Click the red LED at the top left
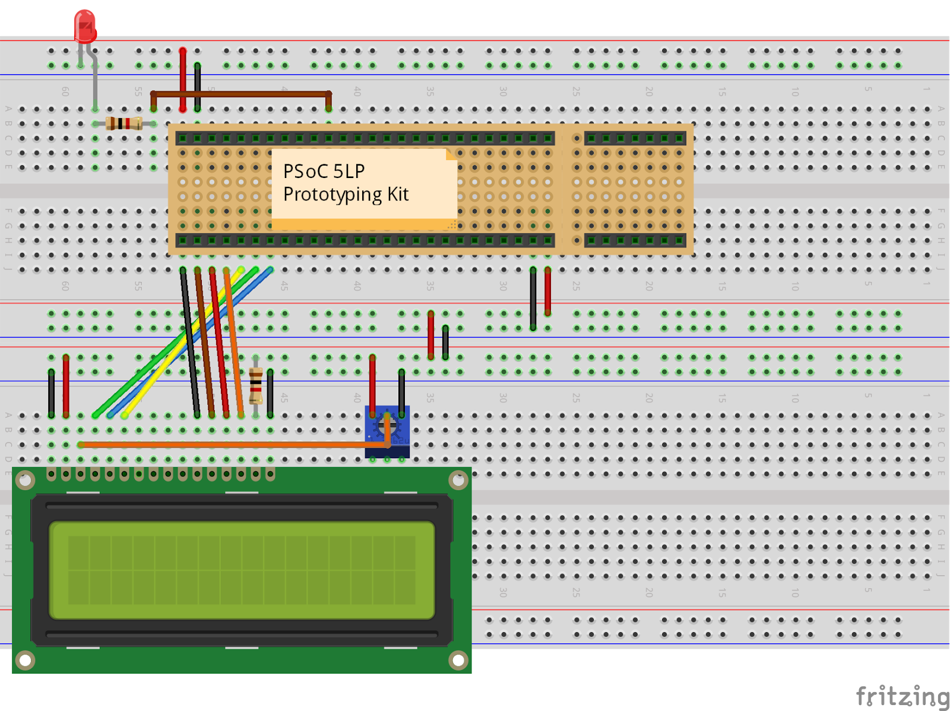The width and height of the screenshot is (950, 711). point(85,27)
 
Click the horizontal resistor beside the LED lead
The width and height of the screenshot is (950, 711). point(123,123)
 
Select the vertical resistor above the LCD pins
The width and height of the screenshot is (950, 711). point(256,386)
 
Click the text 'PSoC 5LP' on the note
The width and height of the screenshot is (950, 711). point(324,171)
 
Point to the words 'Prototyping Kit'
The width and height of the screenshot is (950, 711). point(346,194)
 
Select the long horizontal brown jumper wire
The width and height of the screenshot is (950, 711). point(240,94)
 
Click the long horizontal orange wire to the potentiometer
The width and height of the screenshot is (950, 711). point(226,444)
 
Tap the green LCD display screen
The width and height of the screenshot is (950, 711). point(242,570)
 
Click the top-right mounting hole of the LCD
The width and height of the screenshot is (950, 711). point(458,480)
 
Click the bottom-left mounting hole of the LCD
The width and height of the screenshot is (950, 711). point(25,659)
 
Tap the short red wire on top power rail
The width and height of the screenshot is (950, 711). point(183,80)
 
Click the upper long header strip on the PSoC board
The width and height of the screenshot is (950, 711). point(365,138)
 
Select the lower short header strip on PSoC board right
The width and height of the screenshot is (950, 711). point(635,240)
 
